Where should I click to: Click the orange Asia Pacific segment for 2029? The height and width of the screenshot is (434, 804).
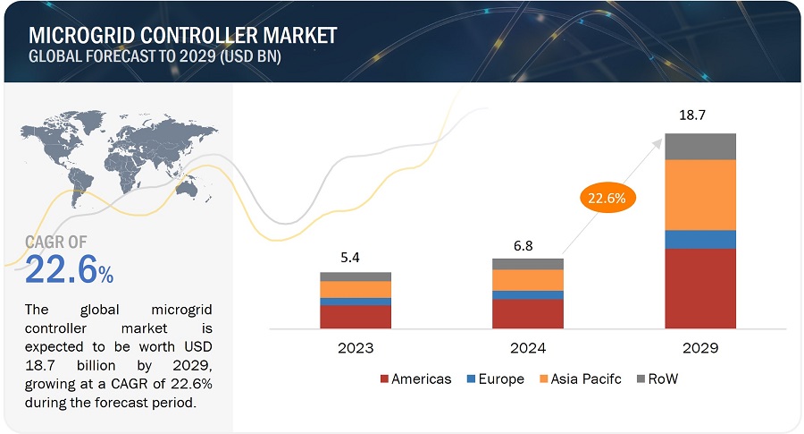[x=699, y=194]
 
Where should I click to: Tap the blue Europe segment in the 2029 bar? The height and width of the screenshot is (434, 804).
[x=699, y=239]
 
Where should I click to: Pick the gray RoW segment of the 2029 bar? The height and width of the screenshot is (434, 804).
[x=699, y=146]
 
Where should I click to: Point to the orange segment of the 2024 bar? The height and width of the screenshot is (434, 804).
[x=527, y=280]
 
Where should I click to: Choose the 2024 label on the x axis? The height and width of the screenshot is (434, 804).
[x=527, y=348]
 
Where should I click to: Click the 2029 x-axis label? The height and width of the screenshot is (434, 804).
[x=699, y=348]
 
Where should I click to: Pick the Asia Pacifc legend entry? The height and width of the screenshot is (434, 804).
[x=581, y=379]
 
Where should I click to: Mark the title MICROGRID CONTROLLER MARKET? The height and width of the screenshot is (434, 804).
[x=183, y=35]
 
